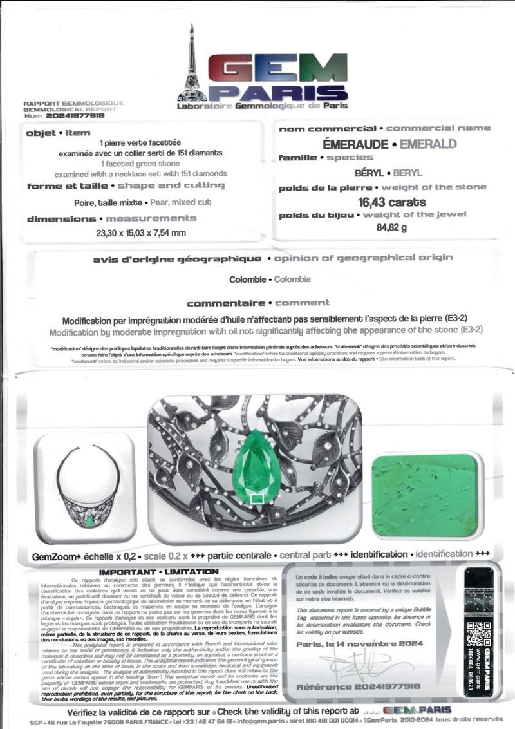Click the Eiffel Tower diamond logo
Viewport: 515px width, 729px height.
[x=192, y=64]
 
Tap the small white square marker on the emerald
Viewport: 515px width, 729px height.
[x=256, y=498]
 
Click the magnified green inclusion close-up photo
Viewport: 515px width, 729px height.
[x=426, y=495]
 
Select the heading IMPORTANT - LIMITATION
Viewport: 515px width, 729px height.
[x=158, y=572]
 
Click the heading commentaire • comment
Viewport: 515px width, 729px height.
[x=257, y=303]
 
